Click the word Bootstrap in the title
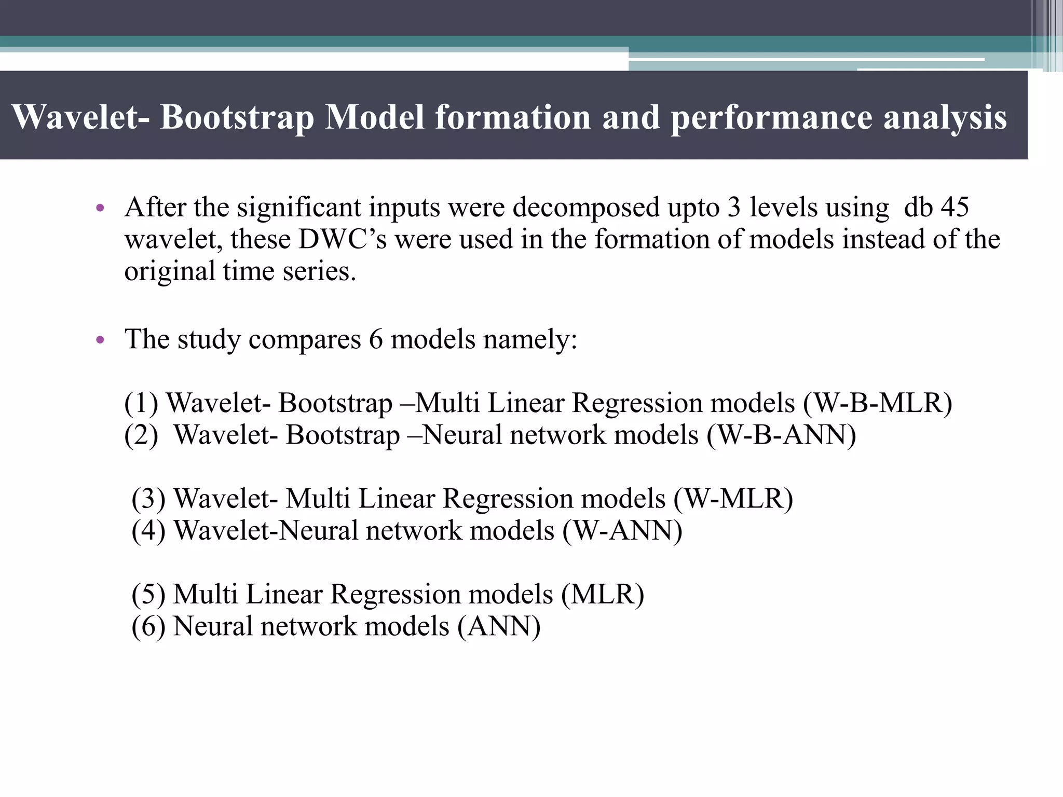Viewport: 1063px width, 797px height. (x=237, y=117)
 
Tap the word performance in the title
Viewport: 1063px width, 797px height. (x=771, y=118)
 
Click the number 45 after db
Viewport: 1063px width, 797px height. (x=954, y=207)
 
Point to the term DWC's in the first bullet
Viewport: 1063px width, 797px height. (x=343, y=239)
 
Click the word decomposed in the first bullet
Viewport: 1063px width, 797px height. (x=586, y=208)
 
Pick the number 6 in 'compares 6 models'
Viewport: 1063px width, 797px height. (x=376, y=339)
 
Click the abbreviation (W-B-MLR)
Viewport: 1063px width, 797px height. (x=877, y=403)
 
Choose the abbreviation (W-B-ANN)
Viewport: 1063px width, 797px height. (x=781, y=435)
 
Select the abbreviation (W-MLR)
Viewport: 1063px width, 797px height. (x=733, y=499)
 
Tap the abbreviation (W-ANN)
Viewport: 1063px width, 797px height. (x=622, y=531)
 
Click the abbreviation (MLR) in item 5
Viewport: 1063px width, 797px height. (x=602, y=594)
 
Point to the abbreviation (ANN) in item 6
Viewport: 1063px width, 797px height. (x=499, y=626)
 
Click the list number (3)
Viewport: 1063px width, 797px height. (x=148, y=499)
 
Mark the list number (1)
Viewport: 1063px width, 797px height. (x=141, y=403)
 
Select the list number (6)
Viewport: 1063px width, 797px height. (x=148, y=626)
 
